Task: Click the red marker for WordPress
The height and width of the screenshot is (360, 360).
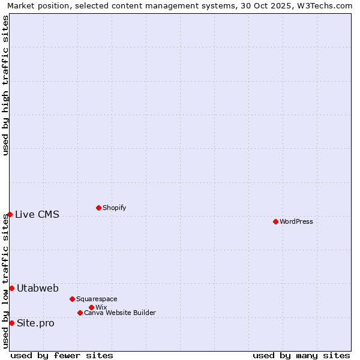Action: (x=275, y=221)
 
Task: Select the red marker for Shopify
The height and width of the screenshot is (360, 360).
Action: (x=98, y=208)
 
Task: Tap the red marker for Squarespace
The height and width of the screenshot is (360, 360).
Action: (x=72, y=299)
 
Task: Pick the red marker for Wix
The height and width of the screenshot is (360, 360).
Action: (x=91, y=307)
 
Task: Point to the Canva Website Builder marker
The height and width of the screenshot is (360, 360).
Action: (x=80, y=313)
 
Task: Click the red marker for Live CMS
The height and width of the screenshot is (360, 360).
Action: (x=10, y=214)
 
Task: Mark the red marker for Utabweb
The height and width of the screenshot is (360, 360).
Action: (x=11, y=288)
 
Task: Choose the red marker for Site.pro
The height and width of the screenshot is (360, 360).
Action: (x=11, y=323)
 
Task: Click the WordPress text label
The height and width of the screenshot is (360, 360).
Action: (x=296, y=221)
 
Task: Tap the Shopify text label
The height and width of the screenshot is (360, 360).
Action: (x=114, y=208)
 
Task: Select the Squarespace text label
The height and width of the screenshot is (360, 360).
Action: (x=97, y=299)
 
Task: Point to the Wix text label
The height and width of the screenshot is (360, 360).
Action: (x=101, y=307)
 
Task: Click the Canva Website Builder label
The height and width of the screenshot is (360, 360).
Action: (x=119, y=313)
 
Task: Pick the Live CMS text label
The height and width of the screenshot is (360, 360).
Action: (x=37, y=214)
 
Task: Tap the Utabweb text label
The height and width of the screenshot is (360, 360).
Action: (x=38, y=288)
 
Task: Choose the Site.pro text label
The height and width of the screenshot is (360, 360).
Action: (x=35, y=323)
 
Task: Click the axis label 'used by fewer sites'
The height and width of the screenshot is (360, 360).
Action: (x=62, y=355)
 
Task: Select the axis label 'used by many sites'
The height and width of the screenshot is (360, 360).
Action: (x=301, y=355)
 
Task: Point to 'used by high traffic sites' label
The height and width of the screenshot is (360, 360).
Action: (x=6, y=85)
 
